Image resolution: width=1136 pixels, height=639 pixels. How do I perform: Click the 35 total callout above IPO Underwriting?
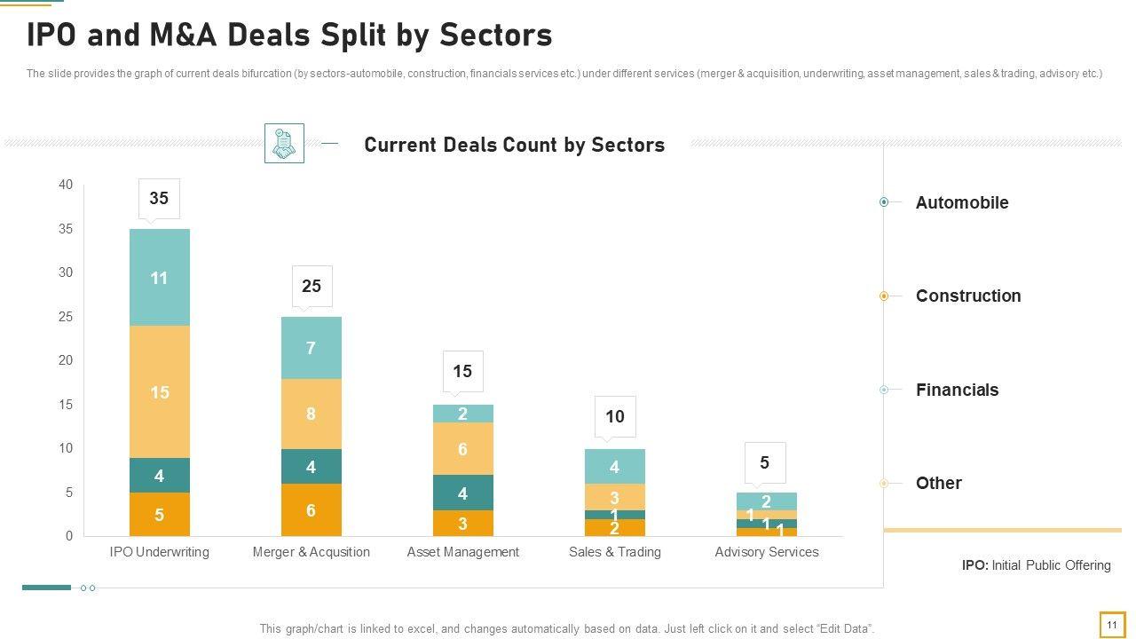159,199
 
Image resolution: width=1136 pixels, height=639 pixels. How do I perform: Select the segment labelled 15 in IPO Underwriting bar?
160,392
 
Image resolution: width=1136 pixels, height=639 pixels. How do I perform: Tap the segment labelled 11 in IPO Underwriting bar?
160,278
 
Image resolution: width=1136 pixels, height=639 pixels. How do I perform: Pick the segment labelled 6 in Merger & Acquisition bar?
312,510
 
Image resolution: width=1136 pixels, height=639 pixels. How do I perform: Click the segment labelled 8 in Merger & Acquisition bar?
312,414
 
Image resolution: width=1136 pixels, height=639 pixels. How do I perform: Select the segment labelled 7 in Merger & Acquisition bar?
312,348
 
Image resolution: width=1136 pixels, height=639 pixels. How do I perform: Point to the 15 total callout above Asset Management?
462,372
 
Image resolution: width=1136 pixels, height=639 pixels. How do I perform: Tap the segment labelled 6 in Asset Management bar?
462,449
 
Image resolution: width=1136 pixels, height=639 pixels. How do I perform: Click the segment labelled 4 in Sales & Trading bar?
614,467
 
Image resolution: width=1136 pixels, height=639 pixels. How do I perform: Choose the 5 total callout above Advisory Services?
764,462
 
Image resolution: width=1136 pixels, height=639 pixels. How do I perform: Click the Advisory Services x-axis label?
767,552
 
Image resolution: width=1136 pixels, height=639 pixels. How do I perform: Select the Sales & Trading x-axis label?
614,552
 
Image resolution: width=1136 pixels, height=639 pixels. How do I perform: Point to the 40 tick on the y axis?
66,185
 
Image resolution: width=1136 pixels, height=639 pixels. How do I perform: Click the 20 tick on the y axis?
66,360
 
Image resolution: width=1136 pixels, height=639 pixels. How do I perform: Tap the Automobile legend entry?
961,202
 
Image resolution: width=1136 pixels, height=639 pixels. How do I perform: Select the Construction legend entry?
967,296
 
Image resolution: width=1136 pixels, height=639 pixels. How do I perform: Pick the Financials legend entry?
957,390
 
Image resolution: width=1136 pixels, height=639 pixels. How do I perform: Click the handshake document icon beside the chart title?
284,143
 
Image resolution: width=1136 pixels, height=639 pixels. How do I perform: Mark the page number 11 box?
1111,625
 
